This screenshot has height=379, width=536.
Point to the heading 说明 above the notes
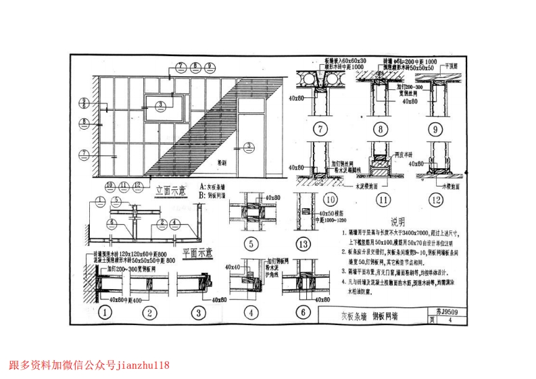click(397, 222)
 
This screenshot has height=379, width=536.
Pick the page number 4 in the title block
click(450, 320)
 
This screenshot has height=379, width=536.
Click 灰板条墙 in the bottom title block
click(359, 315)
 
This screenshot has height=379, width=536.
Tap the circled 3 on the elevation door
click(248, 145)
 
